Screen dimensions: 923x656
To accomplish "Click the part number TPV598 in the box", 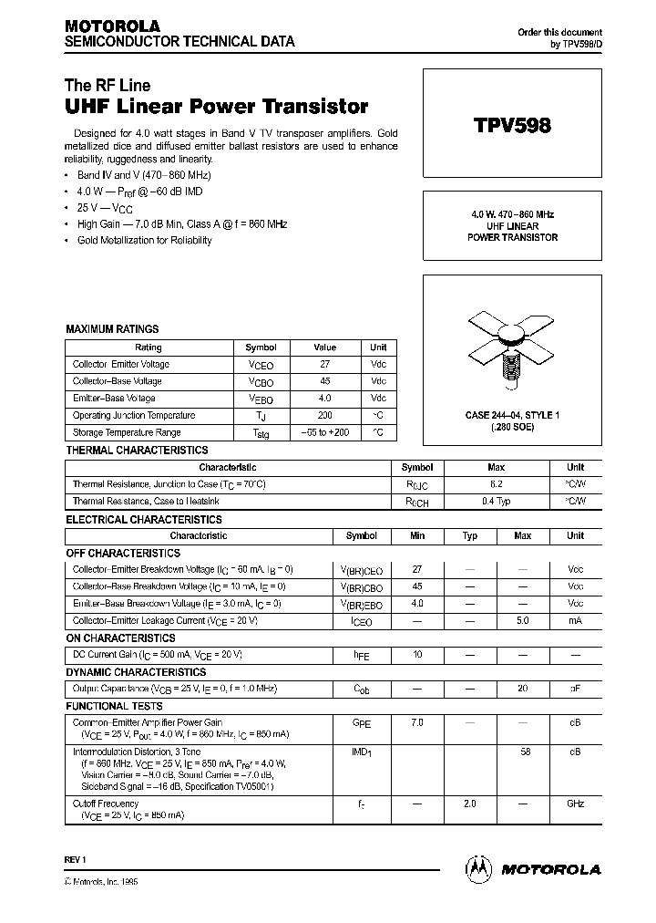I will (512, 127).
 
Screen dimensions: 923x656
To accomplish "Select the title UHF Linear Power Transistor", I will (217, 107).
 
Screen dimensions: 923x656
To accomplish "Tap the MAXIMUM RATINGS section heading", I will (112, 329).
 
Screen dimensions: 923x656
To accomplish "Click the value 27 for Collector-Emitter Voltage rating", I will (325, 364).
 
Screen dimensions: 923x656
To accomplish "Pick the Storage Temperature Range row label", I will (127, 432).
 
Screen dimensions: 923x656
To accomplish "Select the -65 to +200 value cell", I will (325, 432).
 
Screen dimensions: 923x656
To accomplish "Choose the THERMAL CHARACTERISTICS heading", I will (137, 451).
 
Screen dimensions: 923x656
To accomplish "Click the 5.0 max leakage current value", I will (522, 620).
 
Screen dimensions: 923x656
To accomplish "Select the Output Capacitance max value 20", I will (522, 689).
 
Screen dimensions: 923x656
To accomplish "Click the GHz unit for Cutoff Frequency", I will (575, 804).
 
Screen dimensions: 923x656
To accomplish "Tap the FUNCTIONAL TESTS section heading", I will (115, 706).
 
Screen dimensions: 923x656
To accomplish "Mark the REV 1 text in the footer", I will (75, 860).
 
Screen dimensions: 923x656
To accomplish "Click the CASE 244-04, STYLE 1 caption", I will (512, 416).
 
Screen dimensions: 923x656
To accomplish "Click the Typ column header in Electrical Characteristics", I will (469, 535).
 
